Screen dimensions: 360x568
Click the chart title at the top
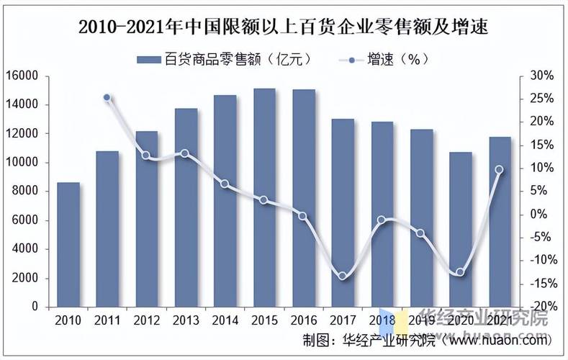tap(283, 28)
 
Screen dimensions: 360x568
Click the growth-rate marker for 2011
tap(107, 97)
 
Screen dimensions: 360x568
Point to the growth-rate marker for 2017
tap(343, 276)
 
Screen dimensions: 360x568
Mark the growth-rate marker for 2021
tap(499, 170)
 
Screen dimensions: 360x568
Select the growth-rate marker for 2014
tap(225, 184)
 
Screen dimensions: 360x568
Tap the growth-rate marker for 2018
tap(382, 220)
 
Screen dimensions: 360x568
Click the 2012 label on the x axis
tap(146, 318)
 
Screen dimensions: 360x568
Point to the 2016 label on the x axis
tap(303, 318)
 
